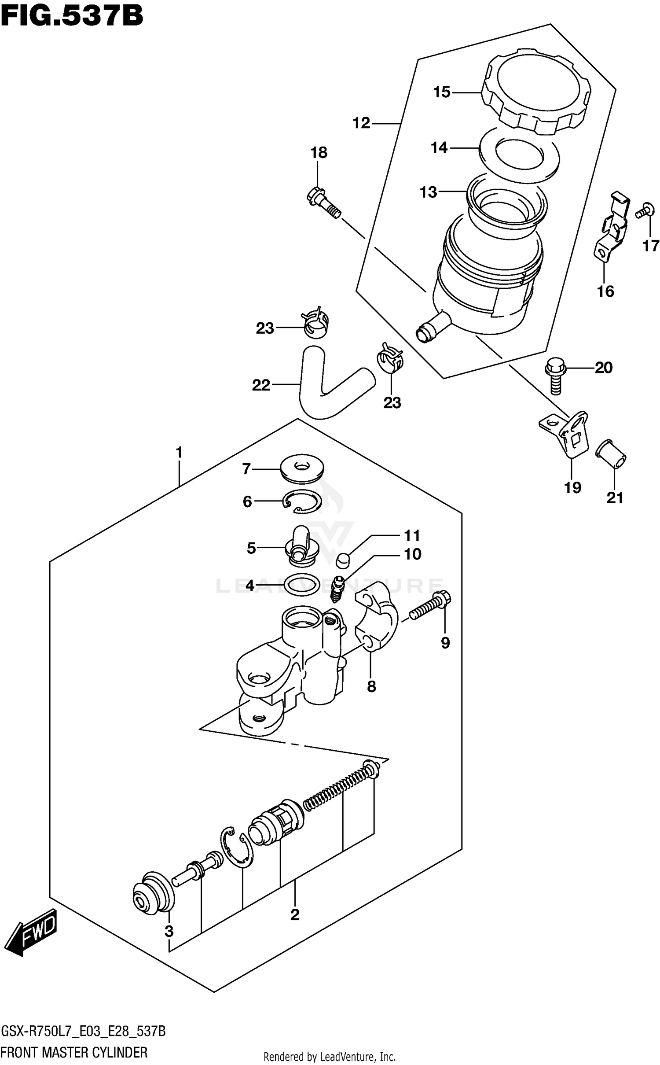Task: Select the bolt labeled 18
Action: [323, 202]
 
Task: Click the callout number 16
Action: [605, 291]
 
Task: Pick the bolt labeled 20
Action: [555, 374]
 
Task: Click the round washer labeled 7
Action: [302, 469]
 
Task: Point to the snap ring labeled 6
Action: [303, 502]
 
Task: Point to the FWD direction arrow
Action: [33, 930]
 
